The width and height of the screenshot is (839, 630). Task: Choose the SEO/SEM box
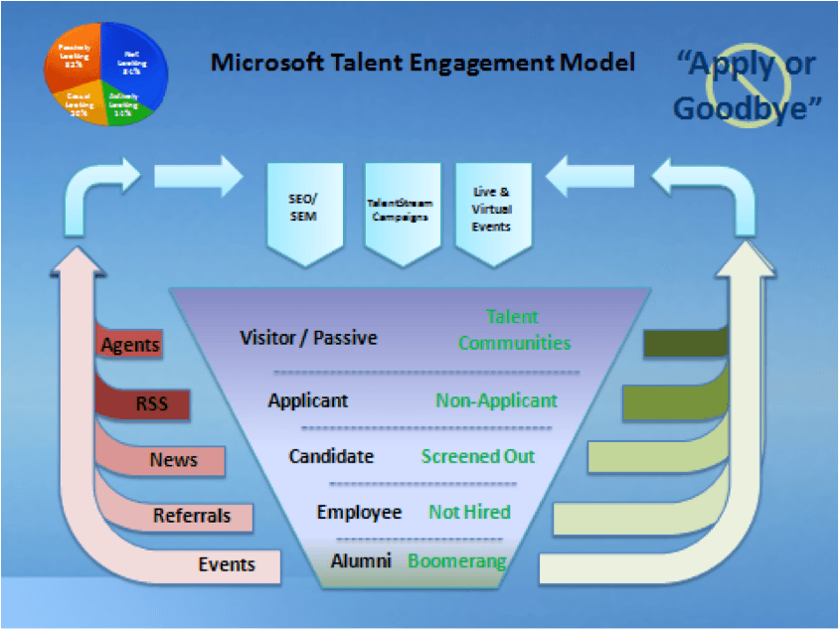tap(304, 210)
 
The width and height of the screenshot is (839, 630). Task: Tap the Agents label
tap(130, 346)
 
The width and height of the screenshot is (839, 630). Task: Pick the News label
tap(173, 460)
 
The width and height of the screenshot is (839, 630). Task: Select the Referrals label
tap(192, 516)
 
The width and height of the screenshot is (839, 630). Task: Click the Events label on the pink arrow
tap(227, 564)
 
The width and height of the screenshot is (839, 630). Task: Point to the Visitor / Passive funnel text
tap(309, 338)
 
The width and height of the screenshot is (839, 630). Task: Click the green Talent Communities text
tap(514, 330)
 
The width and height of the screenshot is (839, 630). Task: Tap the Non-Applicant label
tap(496, 400)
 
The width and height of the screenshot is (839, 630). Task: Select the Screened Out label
tap(477, 456)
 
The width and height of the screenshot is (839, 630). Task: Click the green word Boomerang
tap(456, 560)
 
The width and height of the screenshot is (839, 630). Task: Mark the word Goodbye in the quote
tap(741, 107)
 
